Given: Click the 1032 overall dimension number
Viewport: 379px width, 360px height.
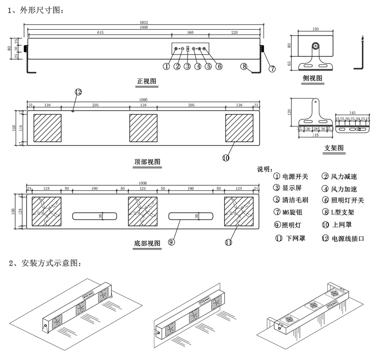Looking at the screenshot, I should coord(144,22).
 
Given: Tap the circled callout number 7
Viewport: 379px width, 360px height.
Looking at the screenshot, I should coord(272,69).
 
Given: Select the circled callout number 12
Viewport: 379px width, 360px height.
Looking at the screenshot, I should coord(78,92).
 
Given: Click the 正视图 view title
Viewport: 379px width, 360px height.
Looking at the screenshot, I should coord(147,82).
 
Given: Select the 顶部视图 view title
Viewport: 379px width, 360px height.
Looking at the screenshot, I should coord(147,162).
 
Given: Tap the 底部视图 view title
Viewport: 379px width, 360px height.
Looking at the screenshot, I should coord(147,243).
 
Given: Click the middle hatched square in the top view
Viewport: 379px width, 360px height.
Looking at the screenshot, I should coord(143,128).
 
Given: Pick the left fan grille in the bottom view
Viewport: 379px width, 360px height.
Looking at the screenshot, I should coord(46,211).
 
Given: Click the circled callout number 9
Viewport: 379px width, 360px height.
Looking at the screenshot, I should coord(171,242).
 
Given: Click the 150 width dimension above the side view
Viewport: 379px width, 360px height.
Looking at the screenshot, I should coord(316,29).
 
